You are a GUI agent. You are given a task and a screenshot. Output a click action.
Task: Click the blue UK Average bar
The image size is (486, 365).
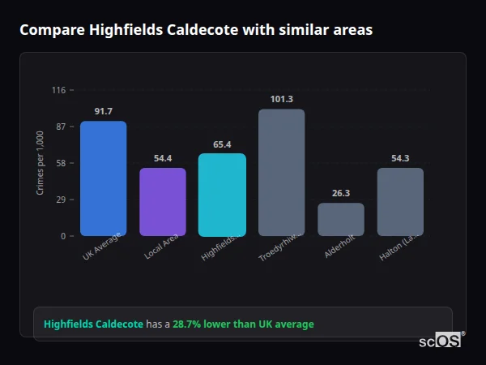103,178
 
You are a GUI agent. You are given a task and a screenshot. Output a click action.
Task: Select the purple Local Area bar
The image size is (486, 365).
163,202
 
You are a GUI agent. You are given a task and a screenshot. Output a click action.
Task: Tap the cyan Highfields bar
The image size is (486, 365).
222,195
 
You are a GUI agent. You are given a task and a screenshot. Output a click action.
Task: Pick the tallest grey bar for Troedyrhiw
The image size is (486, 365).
281,172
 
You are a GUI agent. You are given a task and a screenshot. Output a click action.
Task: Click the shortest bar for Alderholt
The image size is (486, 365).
341,220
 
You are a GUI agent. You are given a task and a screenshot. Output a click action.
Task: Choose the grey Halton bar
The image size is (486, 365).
400,202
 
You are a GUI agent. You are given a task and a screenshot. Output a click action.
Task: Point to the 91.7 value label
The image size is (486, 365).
103,111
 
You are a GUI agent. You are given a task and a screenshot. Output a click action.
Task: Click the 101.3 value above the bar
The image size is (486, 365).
281,99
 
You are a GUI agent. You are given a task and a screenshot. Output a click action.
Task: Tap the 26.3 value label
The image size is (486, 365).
341,193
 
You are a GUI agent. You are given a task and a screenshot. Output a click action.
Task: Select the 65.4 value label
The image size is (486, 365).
222,144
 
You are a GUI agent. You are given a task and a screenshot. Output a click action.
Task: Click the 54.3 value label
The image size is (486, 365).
400,158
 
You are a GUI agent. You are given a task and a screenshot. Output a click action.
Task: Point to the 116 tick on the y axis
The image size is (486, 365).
58,90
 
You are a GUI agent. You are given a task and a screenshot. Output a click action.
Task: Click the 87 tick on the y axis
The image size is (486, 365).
60,127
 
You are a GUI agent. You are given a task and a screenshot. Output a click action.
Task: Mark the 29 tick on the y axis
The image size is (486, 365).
60,200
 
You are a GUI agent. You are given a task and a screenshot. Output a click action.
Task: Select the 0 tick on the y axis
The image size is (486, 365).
62,236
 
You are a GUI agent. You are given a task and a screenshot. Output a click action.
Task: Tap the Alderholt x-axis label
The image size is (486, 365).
339,248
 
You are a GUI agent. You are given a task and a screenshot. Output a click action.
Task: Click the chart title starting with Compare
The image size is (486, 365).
196,30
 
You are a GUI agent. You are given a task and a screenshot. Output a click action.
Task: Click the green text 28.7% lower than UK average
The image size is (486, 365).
243,324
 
